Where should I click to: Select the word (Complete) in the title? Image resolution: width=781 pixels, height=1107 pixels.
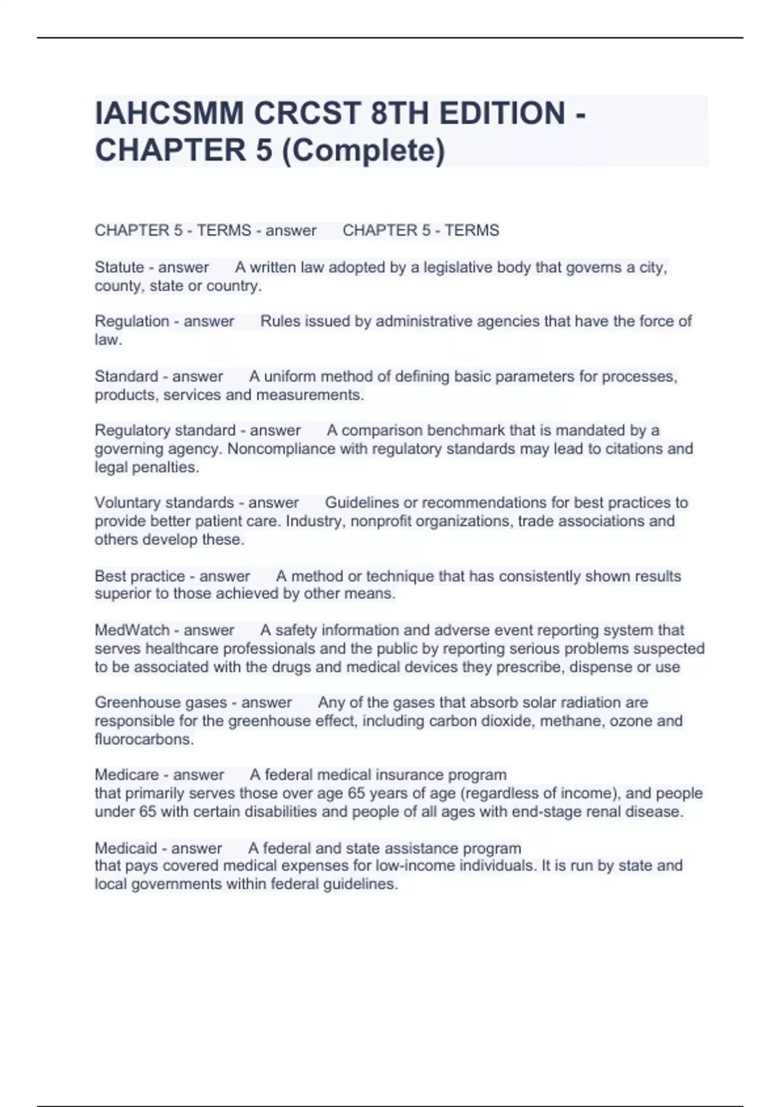[364, 150]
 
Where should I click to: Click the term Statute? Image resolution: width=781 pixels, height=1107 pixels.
[119, 267]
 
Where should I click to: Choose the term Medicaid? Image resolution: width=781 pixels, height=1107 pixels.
[126, 848]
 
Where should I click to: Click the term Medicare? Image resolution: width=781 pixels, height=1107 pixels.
[127, 775]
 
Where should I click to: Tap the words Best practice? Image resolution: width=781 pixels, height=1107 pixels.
[140, 576]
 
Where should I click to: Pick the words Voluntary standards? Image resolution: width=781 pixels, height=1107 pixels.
[164, 503]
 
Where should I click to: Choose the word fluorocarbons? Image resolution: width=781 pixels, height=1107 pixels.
[144, 739]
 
